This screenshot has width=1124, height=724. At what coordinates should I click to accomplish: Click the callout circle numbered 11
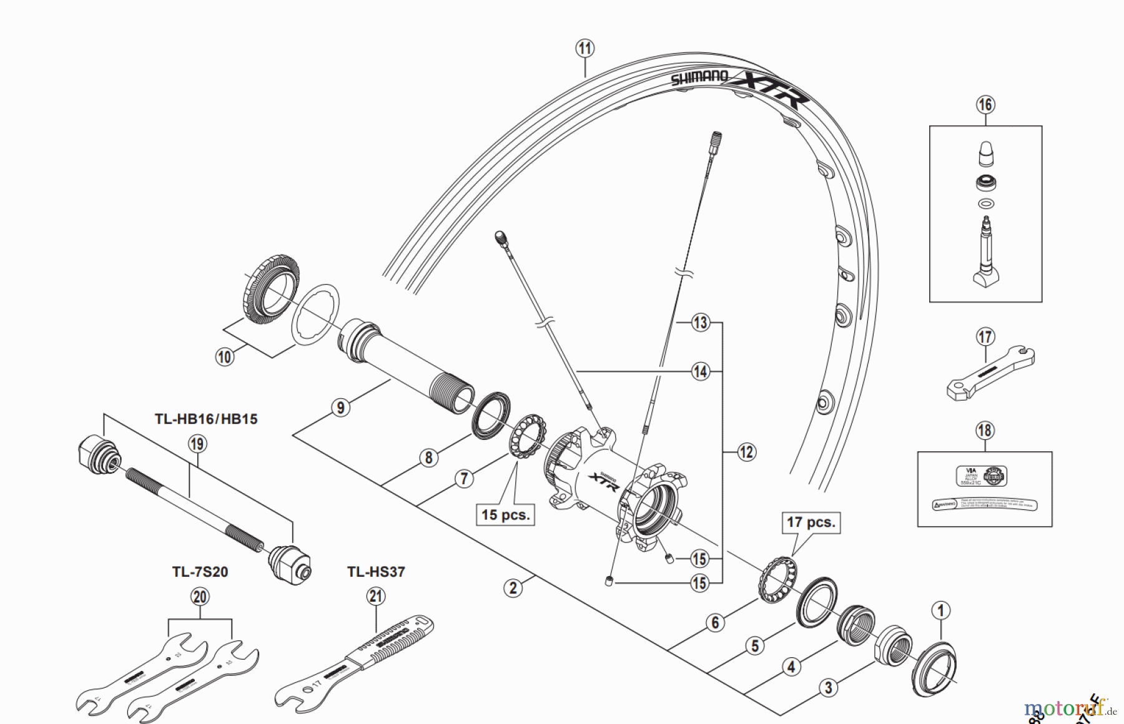584,48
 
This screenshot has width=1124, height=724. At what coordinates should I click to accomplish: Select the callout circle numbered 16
985,104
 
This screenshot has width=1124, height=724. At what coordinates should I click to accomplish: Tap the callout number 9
340,408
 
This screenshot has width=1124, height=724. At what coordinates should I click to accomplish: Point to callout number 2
513,587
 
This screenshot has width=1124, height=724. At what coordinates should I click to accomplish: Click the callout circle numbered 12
747,451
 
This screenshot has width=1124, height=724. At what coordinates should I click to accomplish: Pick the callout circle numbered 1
940,610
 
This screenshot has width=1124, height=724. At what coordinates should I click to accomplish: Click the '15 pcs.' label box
505,515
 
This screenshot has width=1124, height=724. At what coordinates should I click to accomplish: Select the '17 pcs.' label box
811,522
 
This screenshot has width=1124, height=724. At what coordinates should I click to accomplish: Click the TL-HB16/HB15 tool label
206,419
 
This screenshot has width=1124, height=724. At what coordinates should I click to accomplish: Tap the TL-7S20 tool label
200,572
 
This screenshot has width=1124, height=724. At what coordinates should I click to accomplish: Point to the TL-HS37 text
376,572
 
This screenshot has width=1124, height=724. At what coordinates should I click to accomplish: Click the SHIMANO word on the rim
699,77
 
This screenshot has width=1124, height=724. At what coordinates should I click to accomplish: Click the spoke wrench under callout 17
990,374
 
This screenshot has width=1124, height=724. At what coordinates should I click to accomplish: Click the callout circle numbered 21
375,596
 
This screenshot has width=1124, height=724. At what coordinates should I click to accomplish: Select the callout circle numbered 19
197,444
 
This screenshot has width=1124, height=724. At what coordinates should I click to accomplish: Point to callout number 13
700,323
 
